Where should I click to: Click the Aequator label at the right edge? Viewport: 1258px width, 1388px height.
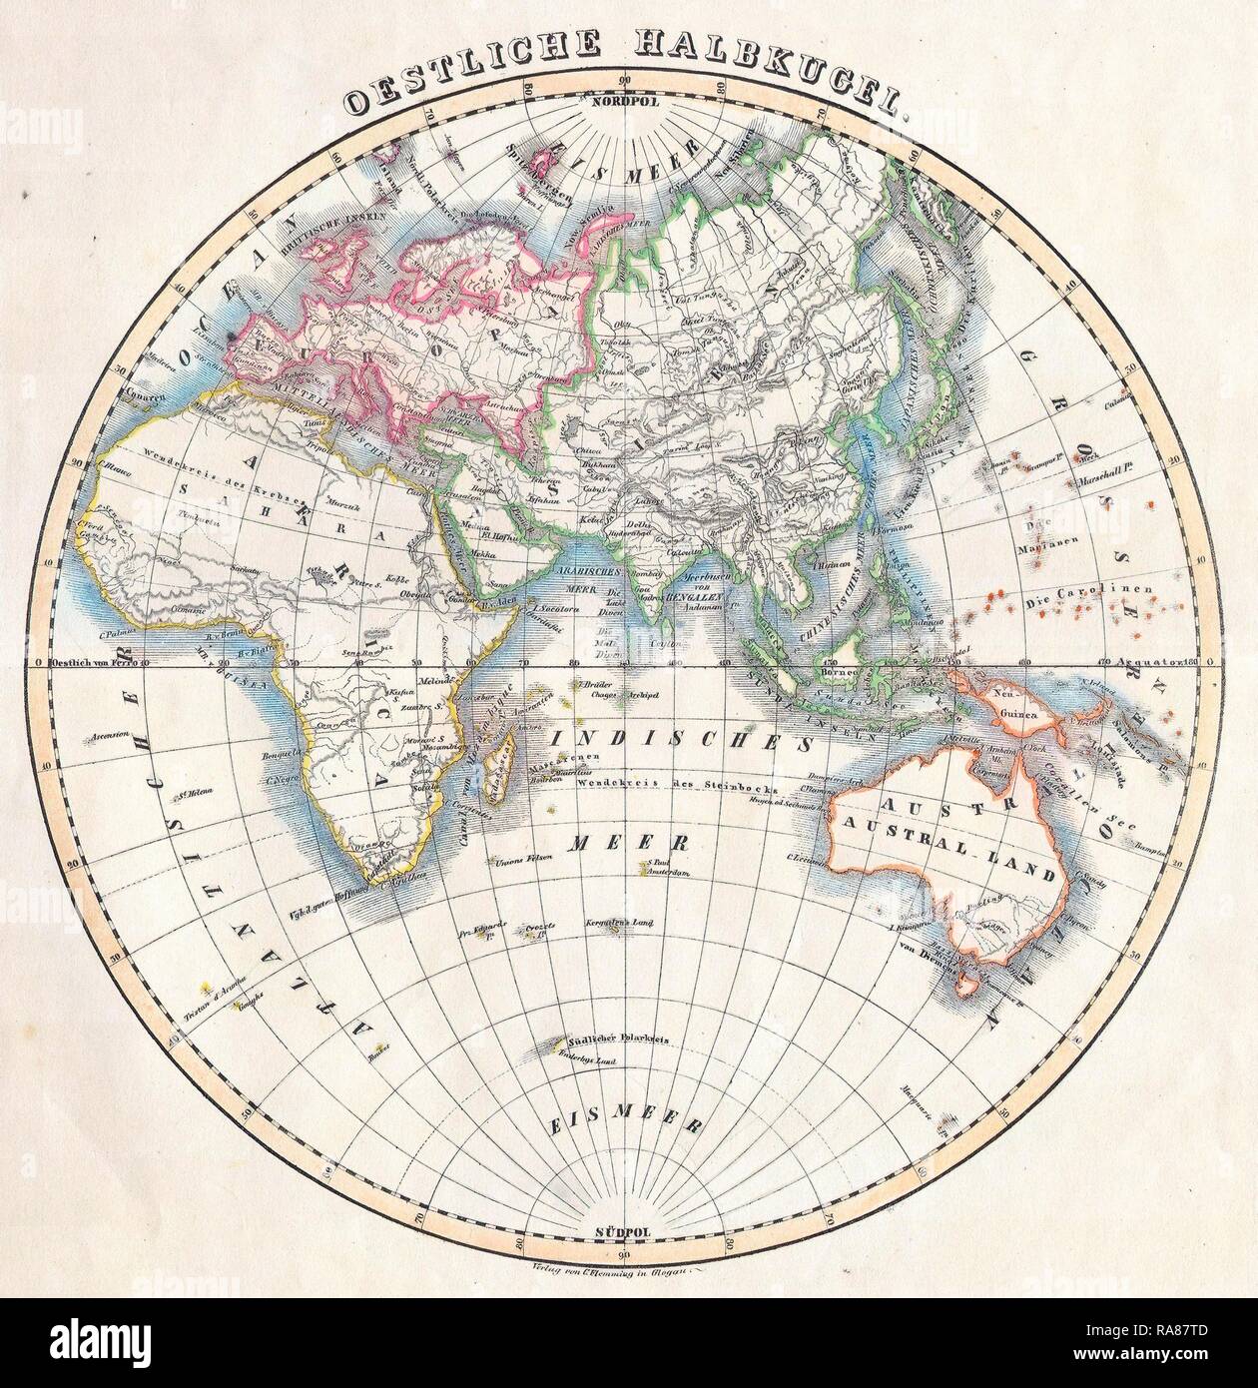(1136, 662)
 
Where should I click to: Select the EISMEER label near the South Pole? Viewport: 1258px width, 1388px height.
(621, 1123)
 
